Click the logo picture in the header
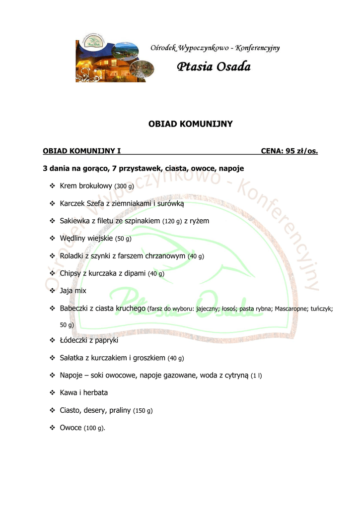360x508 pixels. (x=114, y=61)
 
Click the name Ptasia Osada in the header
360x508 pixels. (x=214, y=66)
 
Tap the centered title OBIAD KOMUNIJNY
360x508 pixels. (x=191, y=124)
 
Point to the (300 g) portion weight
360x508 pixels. (x=124, y=187)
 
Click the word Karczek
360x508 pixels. (x=72, y=203)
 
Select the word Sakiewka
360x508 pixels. (x=74, y=221)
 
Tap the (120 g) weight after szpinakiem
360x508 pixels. (x=172, y=221)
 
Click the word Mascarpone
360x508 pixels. (x=291, y=309)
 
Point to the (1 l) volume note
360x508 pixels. (x=256, y=376)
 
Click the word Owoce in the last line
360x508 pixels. (x=71, y=428)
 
